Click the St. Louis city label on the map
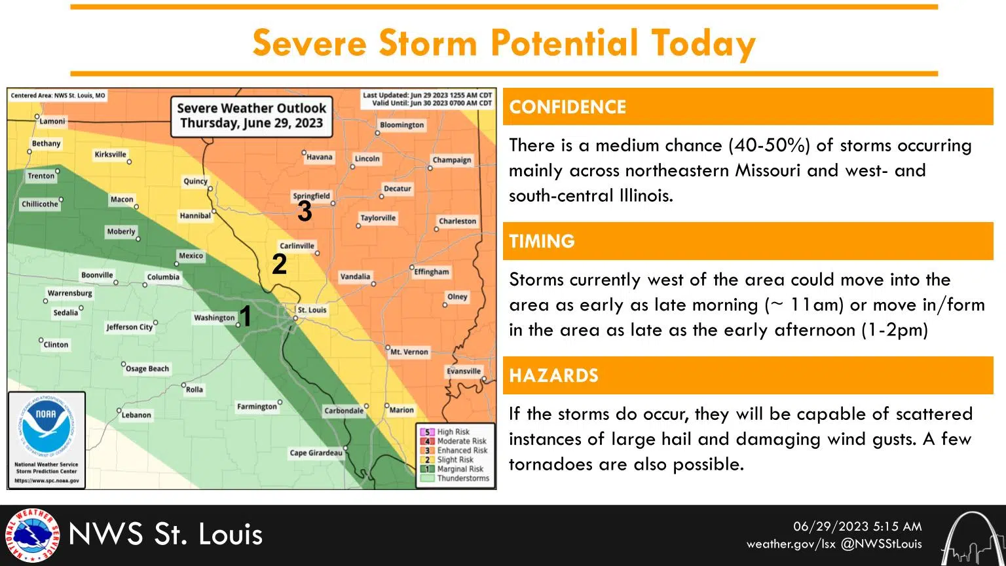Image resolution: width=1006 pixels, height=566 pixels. tap(312, 310)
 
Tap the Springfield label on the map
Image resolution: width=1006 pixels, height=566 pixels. tap(311, 196)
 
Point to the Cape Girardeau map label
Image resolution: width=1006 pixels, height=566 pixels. tap(316, 453)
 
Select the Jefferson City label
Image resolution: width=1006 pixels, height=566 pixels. tap(129, 327)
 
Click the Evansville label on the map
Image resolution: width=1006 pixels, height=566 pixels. tap(464, 371)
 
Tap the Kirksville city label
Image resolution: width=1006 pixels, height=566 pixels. tap(110, 155)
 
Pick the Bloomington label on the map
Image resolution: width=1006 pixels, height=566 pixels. tap(401, 125)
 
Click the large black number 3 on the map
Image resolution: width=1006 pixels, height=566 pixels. tap(305, 212)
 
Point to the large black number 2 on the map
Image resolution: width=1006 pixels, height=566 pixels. tap(279, 264)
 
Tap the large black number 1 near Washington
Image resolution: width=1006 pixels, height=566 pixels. tap(245, 316)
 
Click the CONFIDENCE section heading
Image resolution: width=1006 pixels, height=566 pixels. tap(567, 107)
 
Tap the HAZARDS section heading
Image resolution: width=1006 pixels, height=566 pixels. tap(553, 375)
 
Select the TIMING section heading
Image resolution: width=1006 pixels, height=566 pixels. tap(542, 241)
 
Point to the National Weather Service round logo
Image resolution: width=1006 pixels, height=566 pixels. tap(31, 535)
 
